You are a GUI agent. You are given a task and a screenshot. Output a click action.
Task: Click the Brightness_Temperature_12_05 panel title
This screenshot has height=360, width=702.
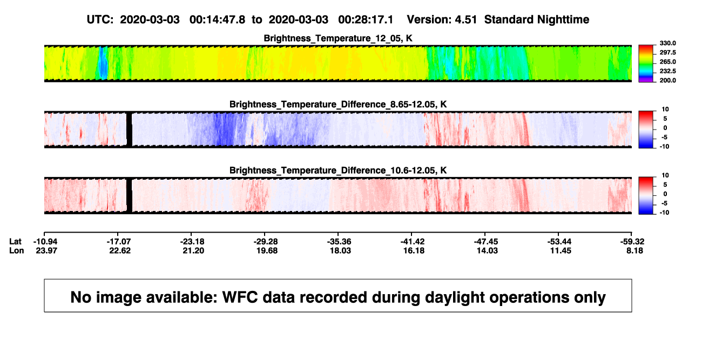click(x=338, y=38)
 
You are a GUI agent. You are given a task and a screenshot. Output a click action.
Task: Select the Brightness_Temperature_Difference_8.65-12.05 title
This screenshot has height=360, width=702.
click(x=338, y=104)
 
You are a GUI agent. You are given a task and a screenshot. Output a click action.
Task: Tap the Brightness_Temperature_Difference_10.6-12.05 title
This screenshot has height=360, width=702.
click(x=338, y=171)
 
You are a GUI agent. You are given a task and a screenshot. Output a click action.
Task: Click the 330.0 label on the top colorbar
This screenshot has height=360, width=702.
click(x=667, y=43)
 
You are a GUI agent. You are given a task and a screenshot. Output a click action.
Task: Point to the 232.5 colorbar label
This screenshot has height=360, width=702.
click(x=667, y=71)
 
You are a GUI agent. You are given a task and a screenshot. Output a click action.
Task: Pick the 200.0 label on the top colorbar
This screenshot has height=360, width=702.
click(x=667, y=80)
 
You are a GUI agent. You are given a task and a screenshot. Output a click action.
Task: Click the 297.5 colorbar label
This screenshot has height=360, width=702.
click(x=667, y=53)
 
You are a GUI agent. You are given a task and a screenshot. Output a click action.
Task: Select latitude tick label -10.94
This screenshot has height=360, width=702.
click(x=45, y=242)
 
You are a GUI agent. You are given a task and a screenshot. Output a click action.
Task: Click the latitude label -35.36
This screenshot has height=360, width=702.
click(x=339, y=242)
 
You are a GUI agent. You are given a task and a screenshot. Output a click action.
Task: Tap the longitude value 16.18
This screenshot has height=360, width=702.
click(x=414, y=250)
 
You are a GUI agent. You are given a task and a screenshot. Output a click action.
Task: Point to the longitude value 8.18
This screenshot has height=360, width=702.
click(x=634, y=250)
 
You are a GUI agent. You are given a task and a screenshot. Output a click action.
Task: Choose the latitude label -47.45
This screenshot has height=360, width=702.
click(x=486, y=242)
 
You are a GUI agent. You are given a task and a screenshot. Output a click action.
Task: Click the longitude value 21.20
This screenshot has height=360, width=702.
click(x=193, y=250)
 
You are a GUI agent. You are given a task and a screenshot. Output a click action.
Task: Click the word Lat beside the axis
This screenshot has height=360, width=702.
click(x=15, y=242)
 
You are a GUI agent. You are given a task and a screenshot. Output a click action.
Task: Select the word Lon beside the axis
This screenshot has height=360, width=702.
click(x=17, y=250)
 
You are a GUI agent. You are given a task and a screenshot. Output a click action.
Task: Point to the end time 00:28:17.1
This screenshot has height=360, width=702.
click(x=366, y=20)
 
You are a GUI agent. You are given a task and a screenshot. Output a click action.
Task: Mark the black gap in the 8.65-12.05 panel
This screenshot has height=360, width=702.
click(x=129, y=130)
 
